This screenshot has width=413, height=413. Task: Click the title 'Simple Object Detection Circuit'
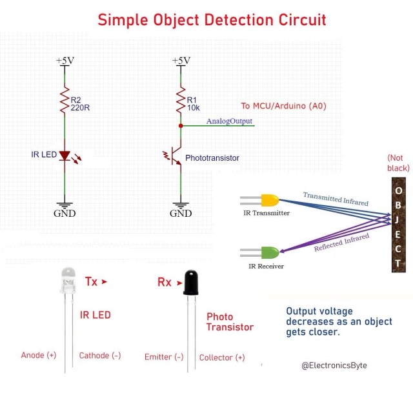pyautogui.click(x=212, y=19)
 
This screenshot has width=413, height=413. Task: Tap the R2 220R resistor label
pyautogui.click(x=80, y=104)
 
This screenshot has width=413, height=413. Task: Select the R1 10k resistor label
pyautogui.click(x=194, y=104)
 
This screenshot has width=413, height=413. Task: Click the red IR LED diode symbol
pyautogui.click(x=65, y=156)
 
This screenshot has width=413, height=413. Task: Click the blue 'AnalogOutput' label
pyautogui.click(x=229, y=121)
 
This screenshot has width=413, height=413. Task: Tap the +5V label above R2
pyautogui.click(x=65, y=61)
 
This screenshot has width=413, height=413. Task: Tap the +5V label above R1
pyautogui.click(x=181, y=61)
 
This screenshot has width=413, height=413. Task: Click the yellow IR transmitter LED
pyautogui.click(x=269, y=200)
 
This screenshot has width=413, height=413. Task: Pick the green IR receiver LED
pyautogui.click(x=269, y=252)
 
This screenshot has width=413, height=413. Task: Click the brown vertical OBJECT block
pyautogui.click(x=398, y=227)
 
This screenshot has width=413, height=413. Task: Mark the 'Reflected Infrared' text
pyautogui.click(x=341, y=243)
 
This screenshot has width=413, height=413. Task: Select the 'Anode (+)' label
pyautogui.click(x=39, y=356)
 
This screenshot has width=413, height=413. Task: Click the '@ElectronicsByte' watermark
pyautogui.click(x=334, y=365)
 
